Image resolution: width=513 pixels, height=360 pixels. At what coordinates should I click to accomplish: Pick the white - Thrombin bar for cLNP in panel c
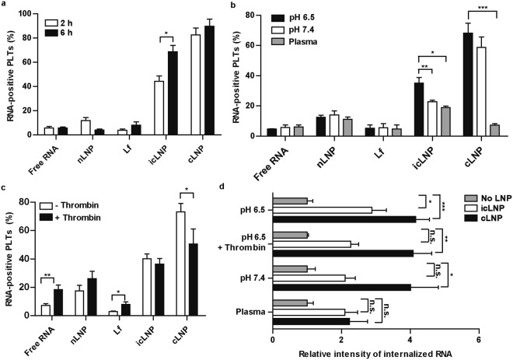click(203, 265)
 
